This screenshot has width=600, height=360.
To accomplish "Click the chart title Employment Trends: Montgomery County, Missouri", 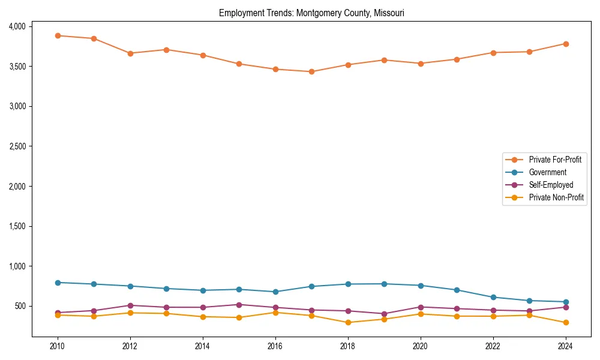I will tap(311, 13).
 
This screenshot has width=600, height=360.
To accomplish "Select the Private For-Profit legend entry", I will tap(554, 160).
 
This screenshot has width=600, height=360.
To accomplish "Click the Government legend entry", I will tap(547, 172).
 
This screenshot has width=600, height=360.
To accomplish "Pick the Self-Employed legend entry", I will tap(551, 185).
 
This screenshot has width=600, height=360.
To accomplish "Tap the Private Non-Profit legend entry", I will tap(556, 197).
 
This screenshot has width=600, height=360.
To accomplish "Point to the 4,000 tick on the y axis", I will tap(17, 26).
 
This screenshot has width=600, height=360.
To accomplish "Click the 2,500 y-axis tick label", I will tap(17, 146).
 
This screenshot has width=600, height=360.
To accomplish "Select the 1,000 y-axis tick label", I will tap(17, 266).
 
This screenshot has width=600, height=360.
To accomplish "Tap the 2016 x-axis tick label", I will tap(275, 346).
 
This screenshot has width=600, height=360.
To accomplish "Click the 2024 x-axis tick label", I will tap(565, 346).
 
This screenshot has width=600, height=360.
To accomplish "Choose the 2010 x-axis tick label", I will tap(58, 346).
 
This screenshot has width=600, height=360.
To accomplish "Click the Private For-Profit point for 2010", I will tap(58, 35).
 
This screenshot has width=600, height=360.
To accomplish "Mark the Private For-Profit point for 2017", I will tap(311, 71).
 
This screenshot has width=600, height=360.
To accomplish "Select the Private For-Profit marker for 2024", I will tap(565, 44).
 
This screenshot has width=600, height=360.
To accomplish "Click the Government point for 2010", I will tap(58, 283).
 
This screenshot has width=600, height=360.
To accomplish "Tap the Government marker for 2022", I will tap(493, 297).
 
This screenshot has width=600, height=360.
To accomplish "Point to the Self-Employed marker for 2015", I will tap(239, 305).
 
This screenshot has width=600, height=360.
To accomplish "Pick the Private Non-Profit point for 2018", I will tap(348, 322).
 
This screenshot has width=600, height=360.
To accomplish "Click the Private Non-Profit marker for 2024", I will tap(565, 322).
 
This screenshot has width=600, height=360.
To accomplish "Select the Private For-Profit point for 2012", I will tap(130, 53).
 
